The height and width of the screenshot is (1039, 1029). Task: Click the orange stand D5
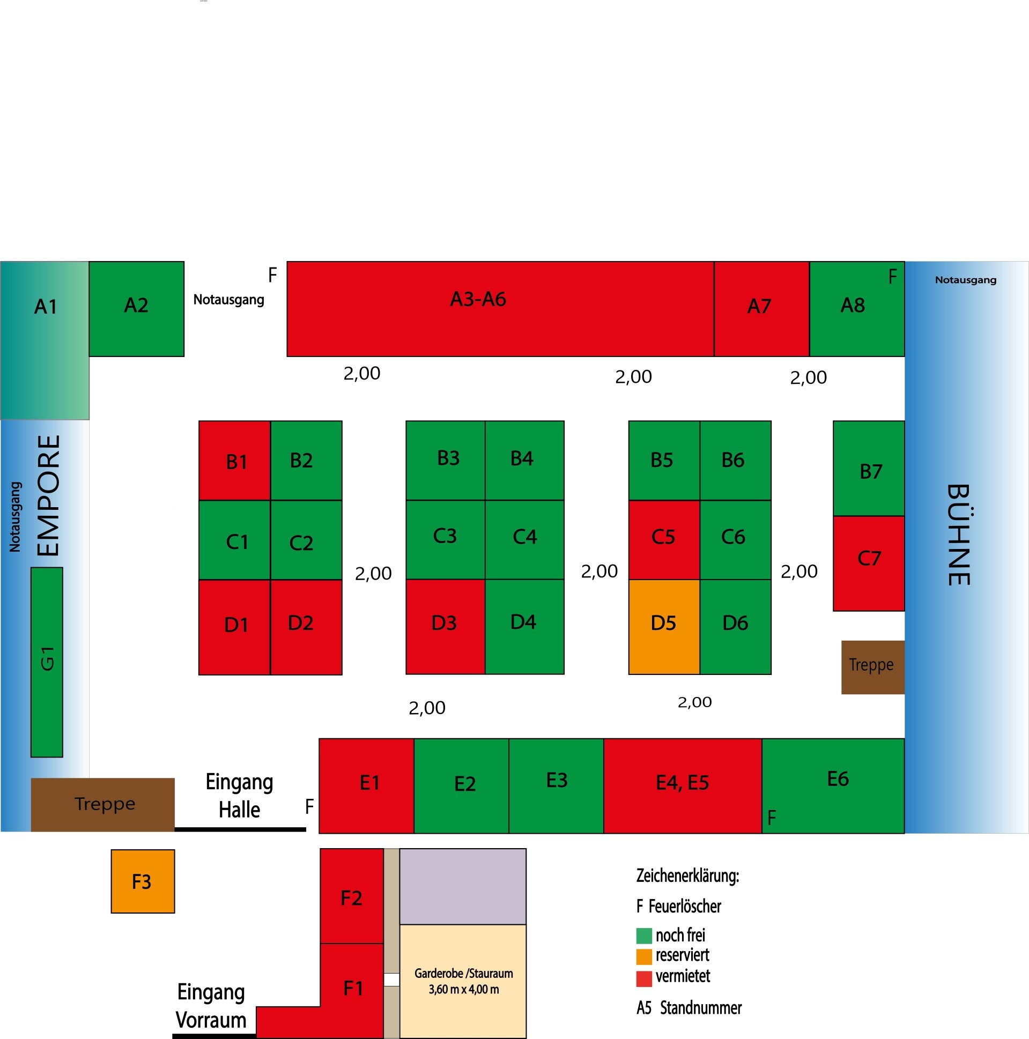tap(664, 627)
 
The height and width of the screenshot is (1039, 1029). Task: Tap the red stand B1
tap(234, 461)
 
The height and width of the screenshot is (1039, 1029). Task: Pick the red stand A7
tap(761, 309)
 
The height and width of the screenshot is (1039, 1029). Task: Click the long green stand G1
tap(47, 663)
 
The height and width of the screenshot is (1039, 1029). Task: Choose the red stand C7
tap(868, 563)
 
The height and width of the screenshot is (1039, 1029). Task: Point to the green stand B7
tap(868, 469)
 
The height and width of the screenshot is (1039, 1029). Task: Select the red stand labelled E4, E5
tap(682, 786)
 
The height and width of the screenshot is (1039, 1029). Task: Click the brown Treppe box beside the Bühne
tap(872, 667)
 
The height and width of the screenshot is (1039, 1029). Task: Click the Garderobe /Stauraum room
tap(463, 981)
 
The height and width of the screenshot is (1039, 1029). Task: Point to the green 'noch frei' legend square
tap(644, 936)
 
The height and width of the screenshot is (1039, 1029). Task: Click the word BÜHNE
tap(958, 535)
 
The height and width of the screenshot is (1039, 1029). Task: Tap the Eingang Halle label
tap(239, 796)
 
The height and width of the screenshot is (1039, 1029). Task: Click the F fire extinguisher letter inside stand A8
tap(892, 277)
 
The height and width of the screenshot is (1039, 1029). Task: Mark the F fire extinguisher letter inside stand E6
tap(771, 818)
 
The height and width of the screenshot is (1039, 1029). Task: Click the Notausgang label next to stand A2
tap(228, 300)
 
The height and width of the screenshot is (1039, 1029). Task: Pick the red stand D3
tap(445, 627)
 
